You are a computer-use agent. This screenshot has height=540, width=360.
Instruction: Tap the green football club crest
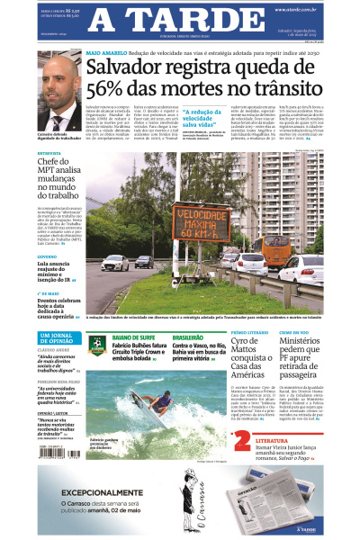[96, 343]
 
